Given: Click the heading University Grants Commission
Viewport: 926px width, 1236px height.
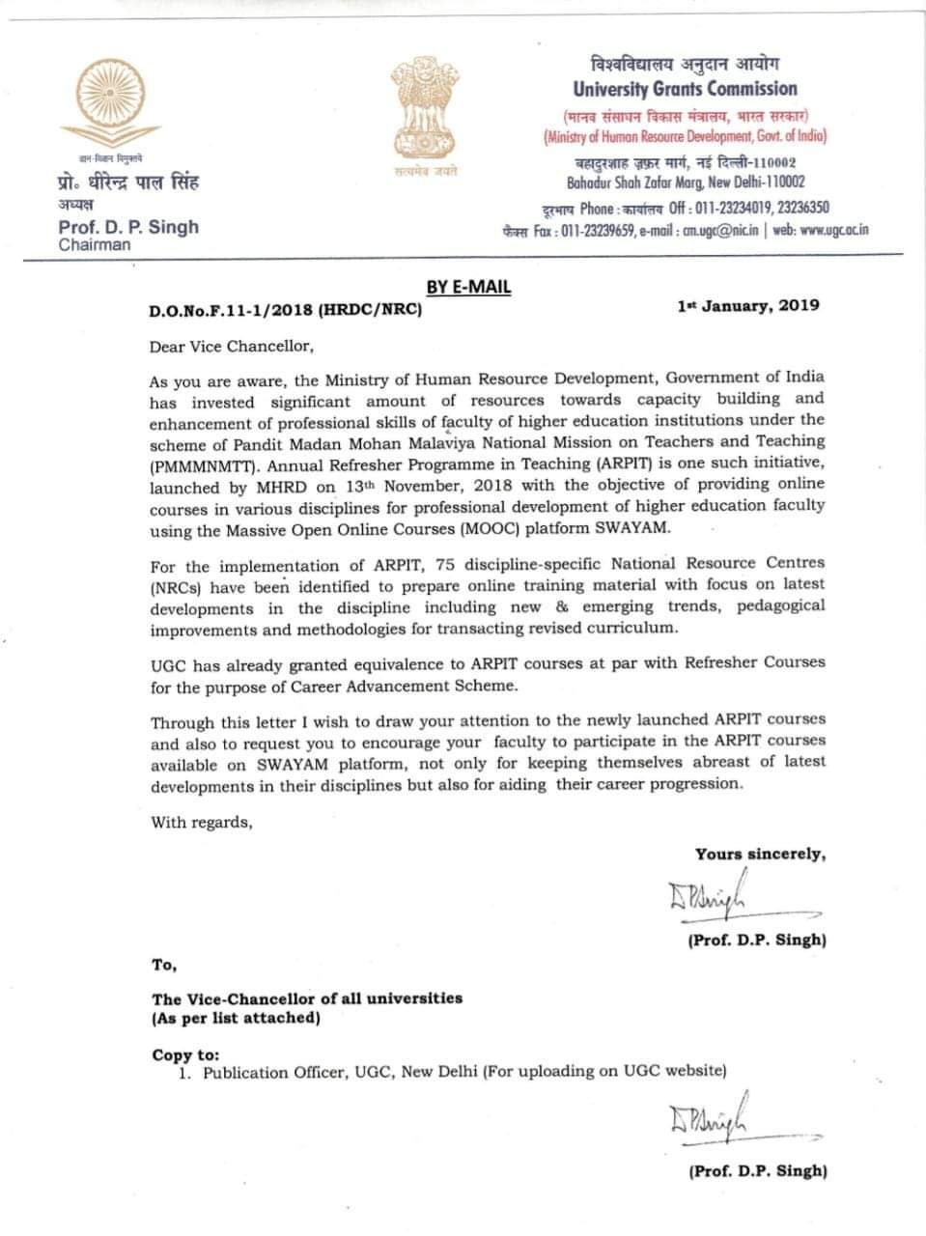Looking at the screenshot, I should point(685,89).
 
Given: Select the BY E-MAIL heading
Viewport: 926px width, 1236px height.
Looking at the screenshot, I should point(468,287).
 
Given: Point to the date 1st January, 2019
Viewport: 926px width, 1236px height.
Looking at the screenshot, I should point(748,305).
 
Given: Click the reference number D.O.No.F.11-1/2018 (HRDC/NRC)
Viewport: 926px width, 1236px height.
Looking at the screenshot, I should point(285,311).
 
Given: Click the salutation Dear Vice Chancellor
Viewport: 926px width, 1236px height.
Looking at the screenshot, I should point(232,345).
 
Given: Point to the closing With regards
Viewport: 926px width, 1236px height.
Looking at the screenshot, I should point(201,822).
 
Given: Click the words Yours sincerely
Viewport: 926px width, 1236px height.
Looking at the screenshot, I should point(760,854).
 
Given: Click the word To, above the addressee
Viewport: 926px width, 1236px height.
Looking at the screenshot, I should point(164,965).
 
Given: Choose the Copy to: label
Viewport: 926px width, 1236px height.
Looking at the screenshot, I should point(185,1054).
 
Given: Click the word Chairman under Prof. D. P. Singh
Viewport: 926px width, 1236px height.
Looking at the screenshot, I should point(95,245).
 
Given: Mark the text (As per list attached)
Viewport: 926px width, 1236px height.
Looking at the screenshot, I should point(236,1018).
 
